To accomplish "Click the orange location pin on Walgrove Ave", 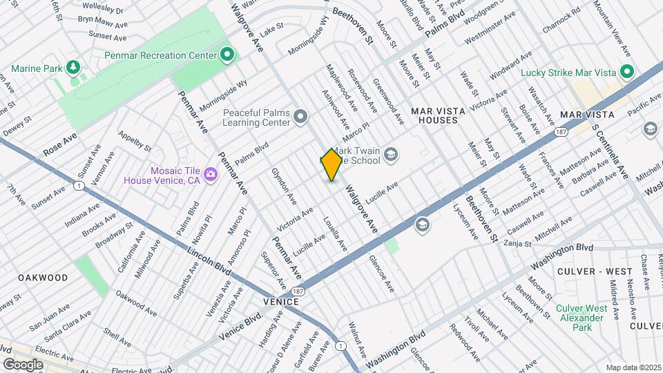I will [x=331, y=164].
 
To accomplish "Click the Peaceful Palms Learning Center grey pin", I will [x=300, y=116].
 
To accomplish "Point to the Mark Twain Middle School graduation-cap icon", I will [x=390, y=153].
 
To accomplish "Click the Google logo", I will [x=23, y=364].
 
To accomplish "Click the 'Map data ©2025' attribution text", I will [x=633, y=367].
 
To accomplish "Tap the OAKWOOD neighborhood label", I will [x=43, y=278].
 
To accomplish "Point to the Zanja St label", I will [x=517, y=243].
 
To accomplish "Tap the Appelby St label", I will [x=135, y=141].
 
